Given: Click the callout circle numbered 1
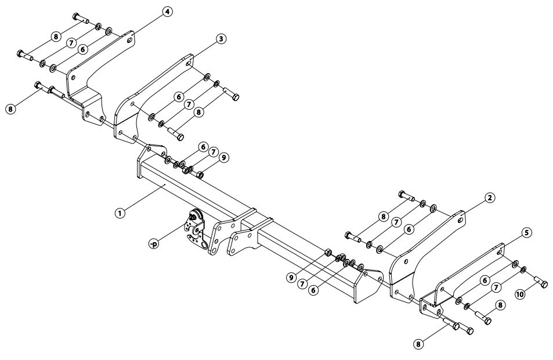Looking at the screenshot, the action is click(x=120, y=213).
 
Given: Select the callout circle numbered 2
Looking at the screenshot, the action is click(x=489, y=198).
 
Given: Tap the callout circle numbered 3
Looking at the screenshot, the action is click(x=221, y=39).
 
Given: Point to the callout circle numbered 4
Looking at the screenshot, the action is click(x=167, y=12).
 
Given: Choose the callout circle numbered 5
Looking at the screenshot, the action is click(x=526, y=233).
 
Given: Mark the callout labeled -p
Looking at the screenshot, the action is click(x=153, y=243).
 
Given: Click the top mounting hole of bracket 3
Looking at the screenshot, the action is click(x=189, y=64).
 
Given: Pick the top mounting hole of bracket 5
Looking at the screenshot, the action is click(x=500, y=253).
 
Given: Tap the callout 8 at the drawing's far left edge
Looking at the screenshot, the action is click(x=10, y=109).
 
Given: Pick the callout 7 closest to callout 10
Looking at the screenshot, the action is click(x=496, y=287).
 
